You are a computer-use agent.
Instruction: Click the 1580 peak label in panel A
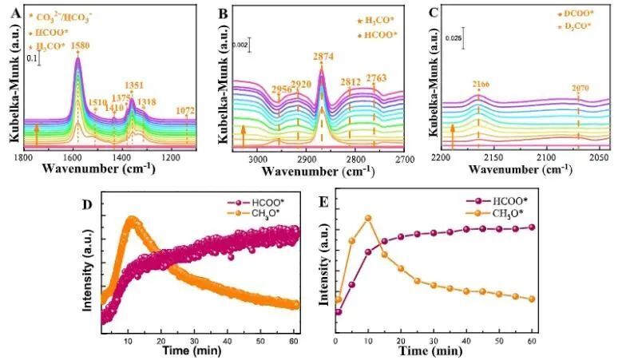click(x=78, y=45)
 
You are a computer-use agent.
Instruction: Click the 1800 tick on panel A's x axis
click(x=24, y=158)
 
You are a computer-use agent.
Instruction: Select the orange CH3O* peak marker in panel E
click(x=368, y=218)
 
